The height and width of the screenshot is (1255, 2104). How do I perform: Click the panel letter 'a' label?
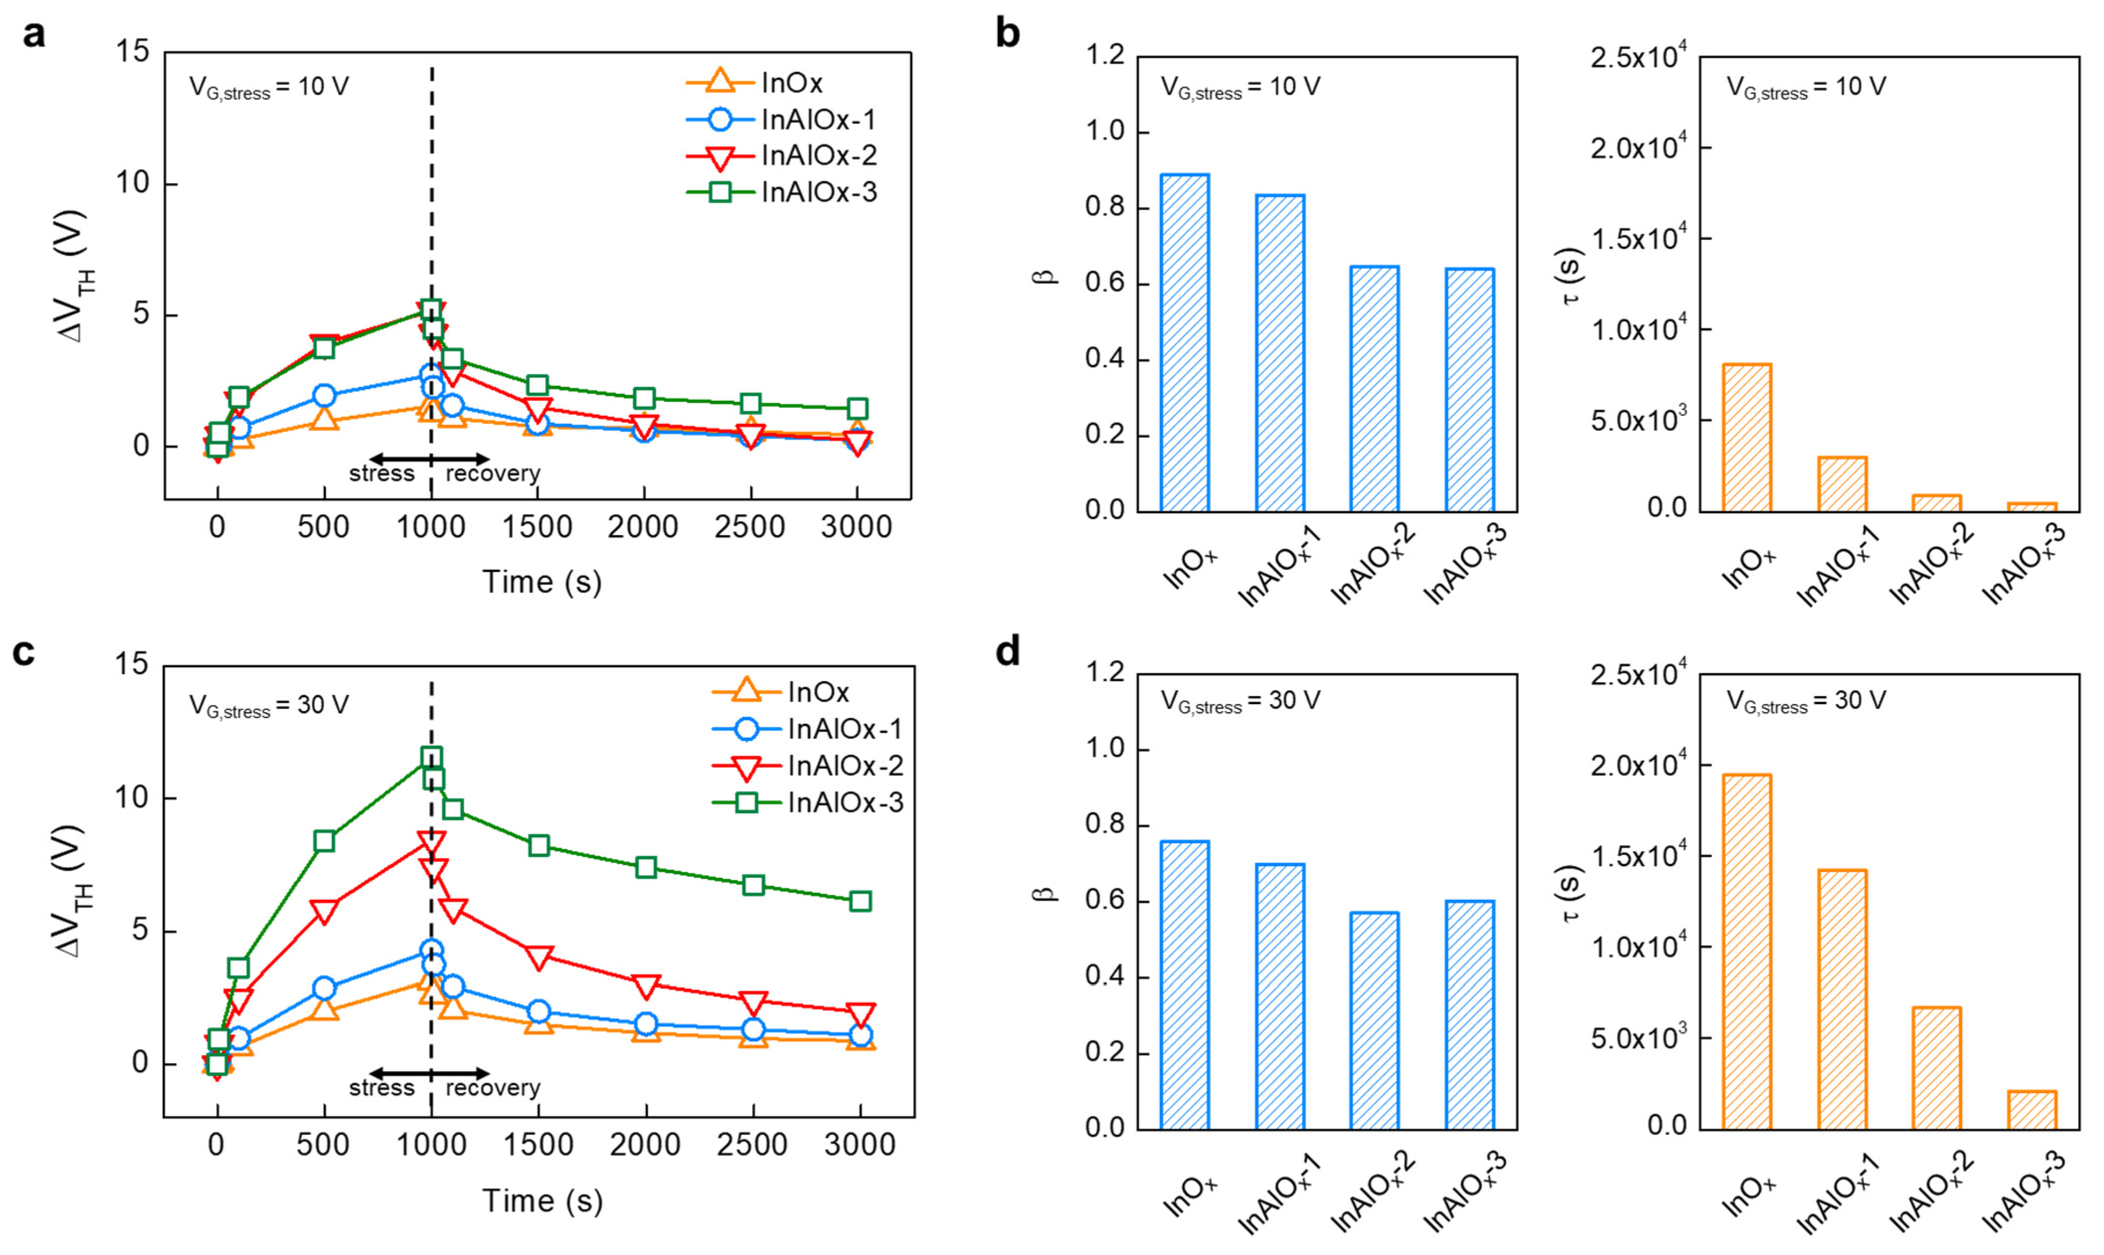(34, 35)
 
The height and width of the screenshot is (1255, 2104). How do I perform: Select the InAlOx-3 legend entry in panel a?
(782, 192)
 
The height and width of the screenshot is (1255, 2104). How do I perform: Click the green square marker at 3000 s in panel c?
(859, 901)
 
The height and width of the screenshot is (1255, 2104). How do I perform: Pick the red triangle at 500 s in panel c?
(324, 911)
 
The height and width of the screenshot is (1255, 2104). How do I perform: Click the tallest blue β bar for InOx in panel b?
(1184, 342)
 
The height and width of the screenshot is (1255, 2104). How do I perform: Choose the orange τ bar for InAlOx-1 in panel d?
(1842, 999)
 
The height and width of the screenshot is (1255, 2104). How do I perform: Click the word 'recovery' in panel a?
(493, 473)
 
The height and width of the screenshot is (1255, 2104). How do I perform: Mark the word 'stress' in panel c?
(382, 1088)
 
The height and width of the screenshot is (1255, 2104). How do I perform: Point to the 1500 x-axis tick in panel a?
(537, 527)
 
